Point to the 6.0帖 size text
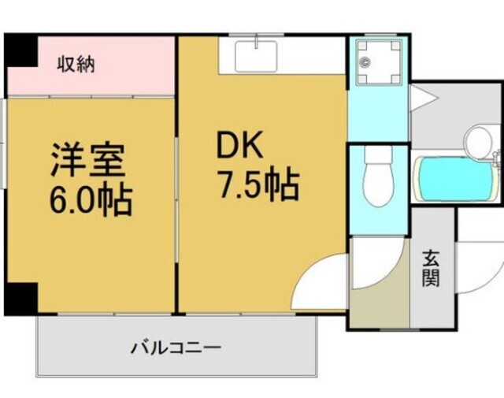pos(91,202)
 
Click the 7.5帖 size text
pos(257,186)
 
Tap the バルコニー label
pos(176,347)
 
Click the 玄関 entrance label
pos(431,268)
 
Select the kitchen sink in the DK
pos(256,57)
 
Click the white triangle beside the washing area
pos(421,99)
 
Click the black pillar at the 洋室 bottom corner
pos(21,298)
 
